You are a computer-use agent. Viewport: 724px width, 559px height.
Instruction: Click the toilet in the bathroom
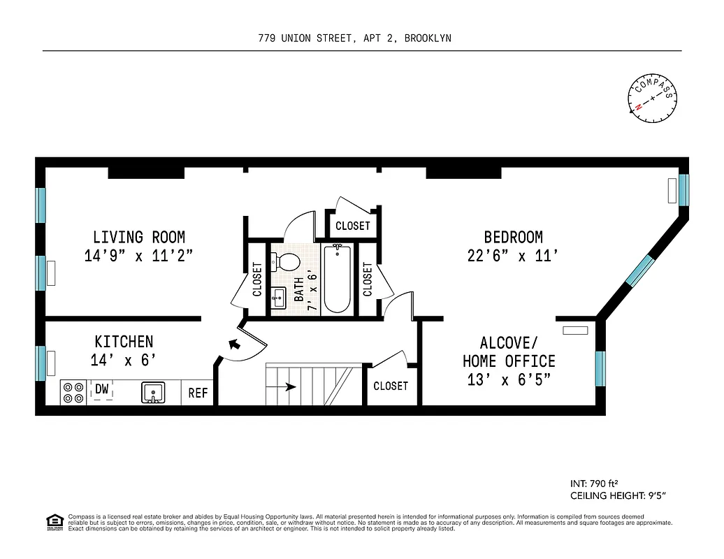pyautogui.click(x=287, y=262)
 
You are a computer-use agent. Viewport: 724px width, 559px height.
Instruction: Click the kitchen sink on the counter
pyautogui.click(x=153, y=393)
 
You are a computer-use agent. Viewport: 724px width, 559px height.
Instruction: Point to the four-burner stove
pyautogui.click(x=73, y=392)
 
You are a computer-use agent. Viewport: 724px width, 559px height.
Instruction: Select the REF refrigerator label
pyautogui.click(x=198, y=393)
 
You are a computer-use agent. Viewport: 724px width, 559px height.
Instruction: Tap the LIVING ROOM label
pyautogui.click(x=139, y=238)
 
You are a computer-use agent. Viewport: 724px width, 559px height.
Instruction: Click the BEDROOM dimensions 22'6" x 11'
pyautogui.click(x=513, y=256)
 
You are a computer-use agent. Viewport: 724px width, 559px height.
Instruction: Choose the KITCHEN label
pyautogui.click(x=124, y=342)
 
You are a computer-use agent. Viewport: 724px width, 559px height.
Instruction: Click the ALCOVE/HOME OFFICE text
pyautogui.click(x=509, y=352)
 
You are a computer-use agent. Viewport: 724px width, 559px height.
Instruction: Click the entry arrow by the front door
pyautogui.click(x=234, y=344)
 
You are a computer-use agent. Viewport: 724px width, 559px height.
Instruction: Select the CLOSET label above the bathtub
pyautogui.click(x=352, y=226)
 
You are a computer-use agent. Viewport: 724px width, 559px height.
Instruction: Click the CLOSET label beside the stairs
pyautogui.click(x=390, y=386)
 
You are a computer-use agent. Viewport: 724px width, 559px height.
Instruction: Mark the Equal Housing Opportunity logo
pyautogui.click(x=53, y=522)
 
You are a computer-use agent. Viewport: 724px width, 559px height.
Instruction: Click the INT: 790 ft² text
pyautogui.click(x=595, y=483)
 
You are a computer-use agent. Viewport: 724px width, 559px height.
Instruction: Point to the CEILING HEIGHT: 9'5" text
pyautogui.click(x=618, y=496)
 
